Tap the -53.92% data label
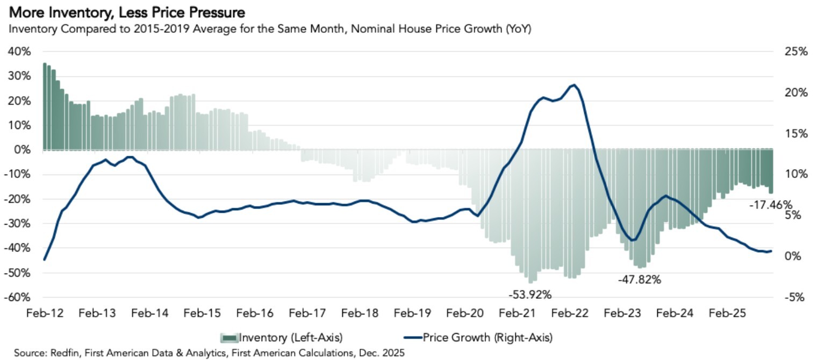tap(530, 294)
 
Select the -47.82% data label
tap(639, 279)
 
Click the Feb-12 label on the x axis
tap(44, 313)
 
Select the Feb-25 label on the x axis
tap(726, 313)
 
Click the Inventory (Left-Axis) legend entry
tap(282, 337)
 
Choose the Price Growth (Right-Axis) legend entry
tap(478, 337)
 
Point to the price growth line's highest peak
tap(575, 85)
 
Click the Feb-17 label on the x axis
tap(305, 313)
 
